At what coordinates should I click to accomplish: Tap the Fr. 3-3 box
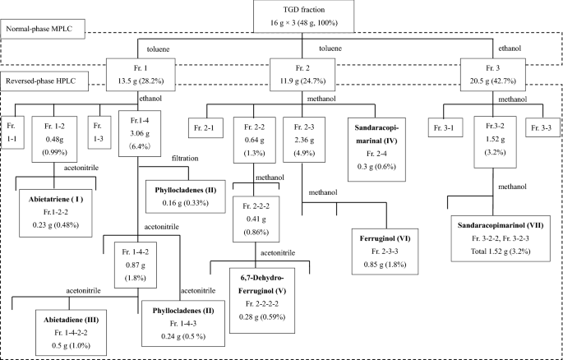tap(542, 127)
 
